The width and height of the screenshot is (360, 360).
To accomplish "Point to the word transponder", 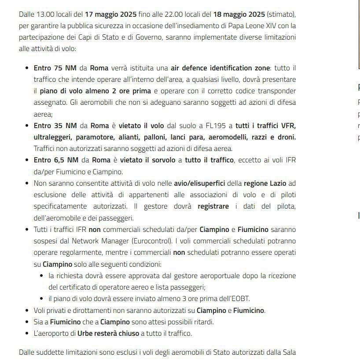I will (x=272, y=91).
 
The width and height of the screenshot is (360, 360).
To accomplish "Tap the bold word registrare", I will (x=213, y=206).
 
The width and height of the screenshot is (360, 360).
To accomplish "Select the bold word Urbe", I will (x=85, y=333).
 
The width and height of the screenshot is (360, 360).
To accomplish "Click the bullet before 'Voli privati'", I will (x=28, y=310).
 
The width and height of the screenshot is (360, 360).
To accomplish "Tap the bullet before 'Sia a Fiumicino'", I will (x=28, y=322).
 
